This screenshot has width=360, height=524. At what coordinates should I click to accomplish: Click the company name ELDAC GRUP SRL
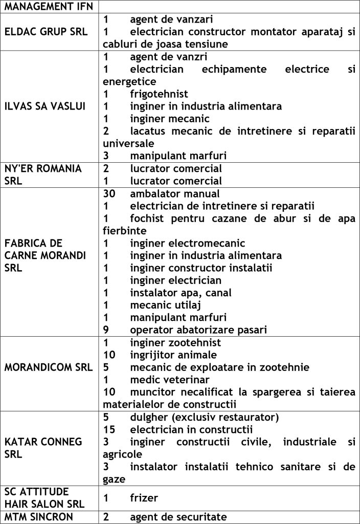46,32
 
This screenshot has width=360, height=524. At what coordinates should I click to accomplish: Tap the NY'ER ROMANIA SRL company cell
43,174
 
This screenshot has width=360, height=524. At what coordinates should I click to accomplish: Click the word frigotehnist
159,94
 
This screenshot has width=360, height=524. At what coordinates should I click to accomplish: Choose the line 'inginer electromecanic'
187,243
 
